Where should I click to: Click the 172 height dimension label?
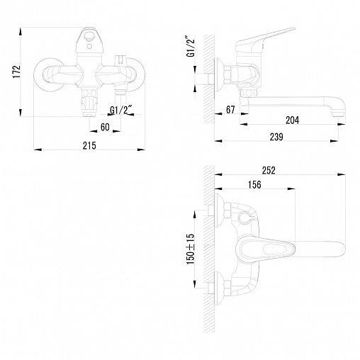17,72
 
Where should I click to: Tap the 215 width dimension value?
89,145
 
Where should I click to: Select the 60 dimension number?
105,128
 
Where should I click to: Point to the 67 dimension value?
230,110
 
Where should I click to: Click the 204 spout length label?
293,120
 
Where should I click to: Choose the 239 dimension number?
276,137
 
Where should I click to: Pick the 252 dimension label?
269,170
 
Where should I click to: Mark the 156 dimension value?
254,184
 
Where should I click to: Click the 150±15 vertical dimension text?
191,249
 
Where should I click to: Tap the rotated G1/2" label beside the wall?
191,46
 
